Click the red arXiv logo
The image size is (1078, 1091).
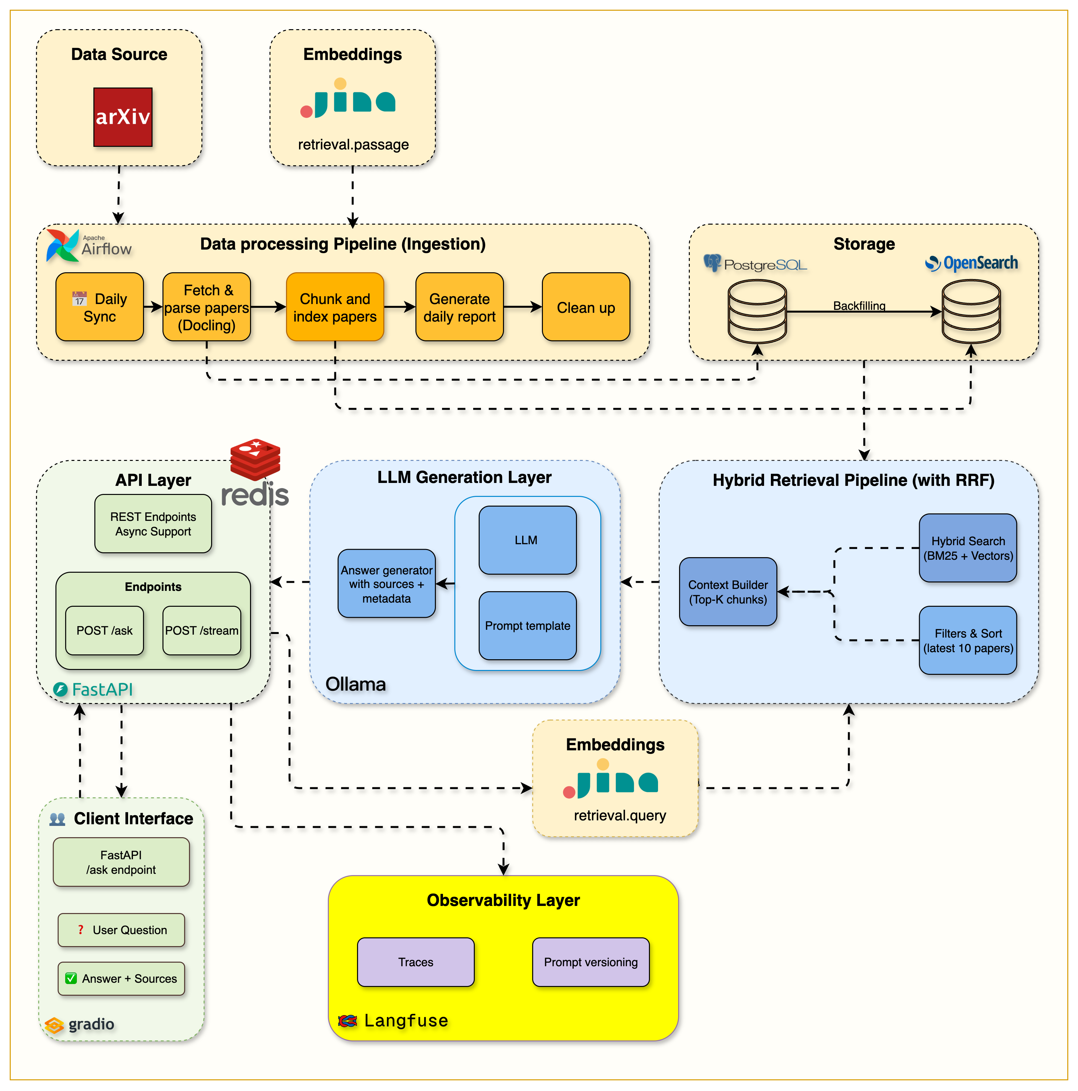pos(123,117)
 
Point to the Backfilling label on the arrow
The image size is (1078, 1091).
pos(859,306)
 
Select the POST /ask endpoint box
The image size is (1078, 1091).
pos(104,630)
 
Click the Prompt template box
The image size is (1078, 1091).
pos(527,625)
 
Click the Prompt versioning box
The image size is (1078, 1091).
pos(591,962)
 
